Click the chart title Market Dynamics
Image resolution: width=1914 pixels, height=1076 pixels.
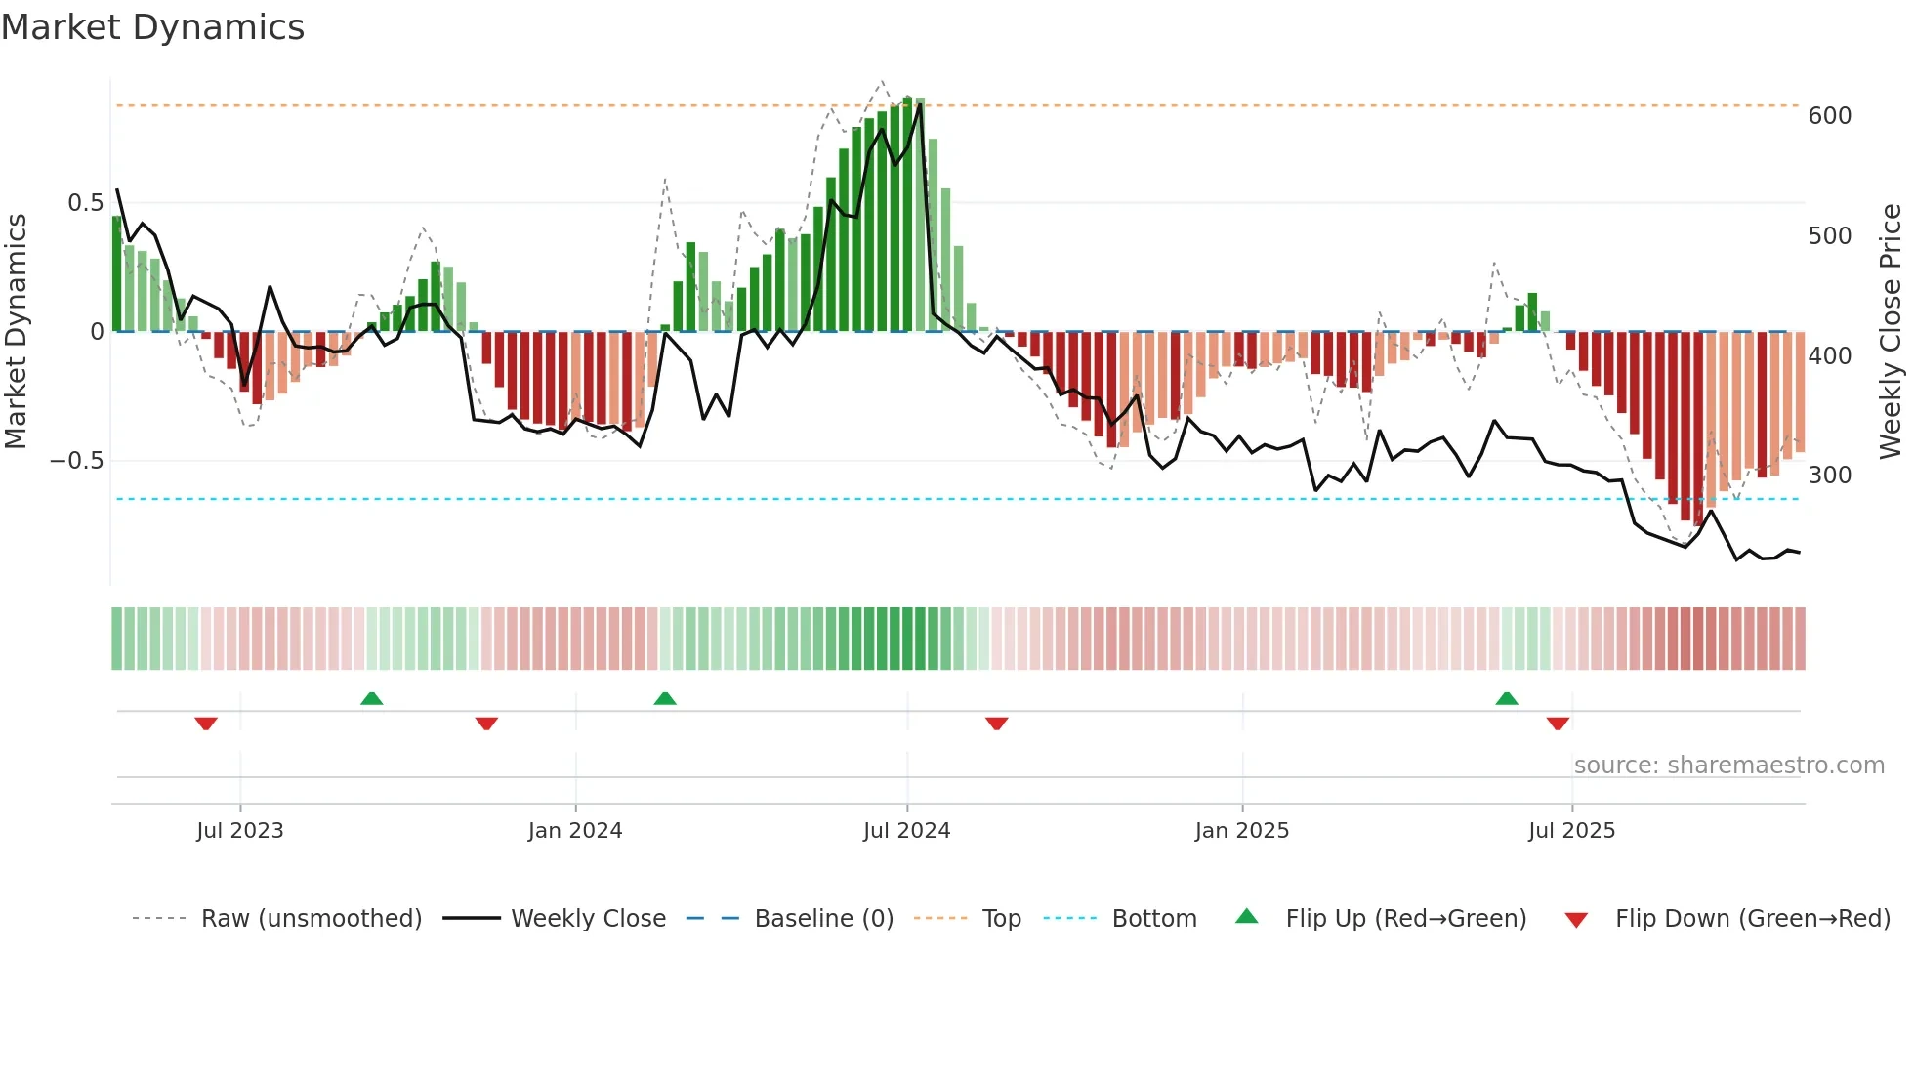[x=152, y=27]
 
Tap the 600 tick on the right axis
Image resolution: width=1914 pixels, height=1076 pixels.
[x=1829, y=116]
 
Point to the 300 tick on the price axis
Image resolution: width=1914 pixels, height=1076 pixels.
[x=1829, y=476]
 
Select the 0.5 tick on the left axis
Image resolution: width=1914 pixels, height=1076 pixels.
[x=85, y=203]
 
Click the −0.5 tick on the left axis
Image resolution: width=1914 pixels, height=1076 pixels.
[x=77, y=461]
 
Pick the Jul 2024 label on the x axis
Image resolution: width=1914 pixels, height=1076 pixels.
[x=906, y=831]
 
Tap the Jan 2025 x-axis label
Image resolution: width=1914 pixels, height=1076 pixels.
[x=1241, y=831]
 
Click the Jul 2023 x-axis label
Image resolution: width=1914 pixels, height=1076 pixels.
[x=239, y=831]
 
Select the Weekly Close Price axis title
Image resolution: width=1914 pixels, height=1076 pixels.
[x=1891, y=331]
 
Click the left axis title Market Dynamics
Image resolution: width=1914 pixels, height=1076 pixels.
[x=16, y=331]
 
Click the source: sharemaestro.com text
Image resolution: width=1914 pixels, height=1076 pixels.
[x=1728, y=766]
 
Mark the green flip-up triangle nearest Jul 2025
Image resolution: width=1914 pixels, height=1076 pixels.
[x=1507, y=698]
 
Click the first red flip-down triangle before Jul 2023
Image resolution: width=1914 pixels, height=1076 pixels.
[x=205, y=724]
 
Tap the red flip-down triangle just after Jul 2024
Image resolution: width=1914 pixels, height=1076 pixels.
[x=996, y=724]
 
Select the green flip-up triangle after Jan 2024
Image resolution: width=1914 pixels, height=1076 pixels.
[x=665, y=698]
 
